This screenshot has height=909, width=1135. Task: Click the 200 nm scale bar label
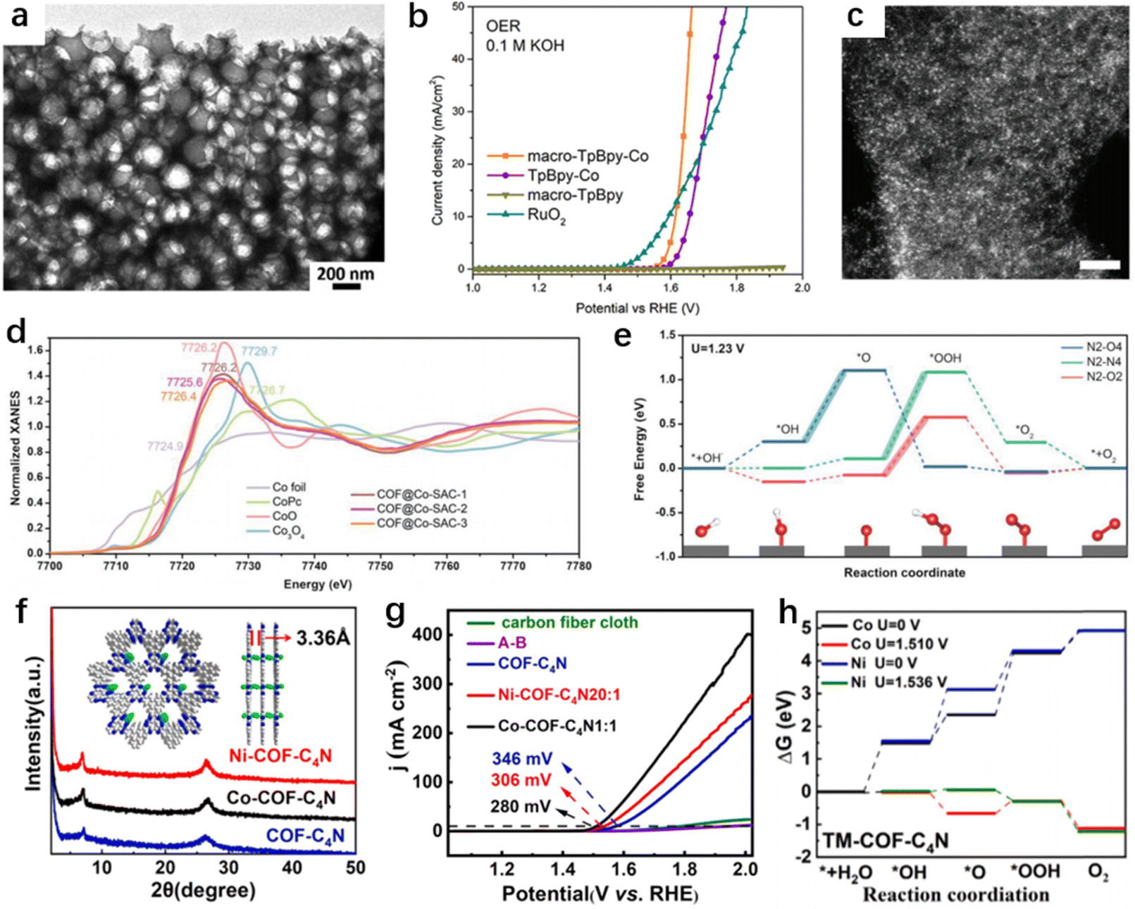[x=345, y=273]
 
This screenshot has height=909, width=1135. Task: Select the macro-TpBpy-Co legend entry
[x=588, y=156]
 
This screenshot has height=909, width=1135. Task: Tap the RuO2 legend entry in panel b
[x=547, y=216]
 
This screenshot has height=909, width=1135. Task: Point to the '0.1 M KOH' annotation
[x=525, y=46]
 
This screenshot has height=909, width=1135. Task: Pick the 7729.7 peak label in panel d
[x=259, y=351]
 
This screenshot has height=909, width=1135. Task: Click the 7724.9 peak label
[x=165, y=446]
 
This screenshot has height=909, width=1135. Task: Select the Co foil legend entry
[x=289, y=487]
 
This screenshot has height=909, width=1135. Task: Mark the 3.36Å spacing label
[x=323, y=638]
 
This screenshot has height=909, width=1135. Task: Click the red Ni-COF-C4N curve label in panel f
[x=280, y=756]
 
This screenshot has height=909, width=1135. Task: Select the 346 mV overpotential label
[x=521, y=759]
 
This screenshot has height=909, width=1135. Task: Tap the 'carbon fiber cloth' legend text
[x=569, y=623]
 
